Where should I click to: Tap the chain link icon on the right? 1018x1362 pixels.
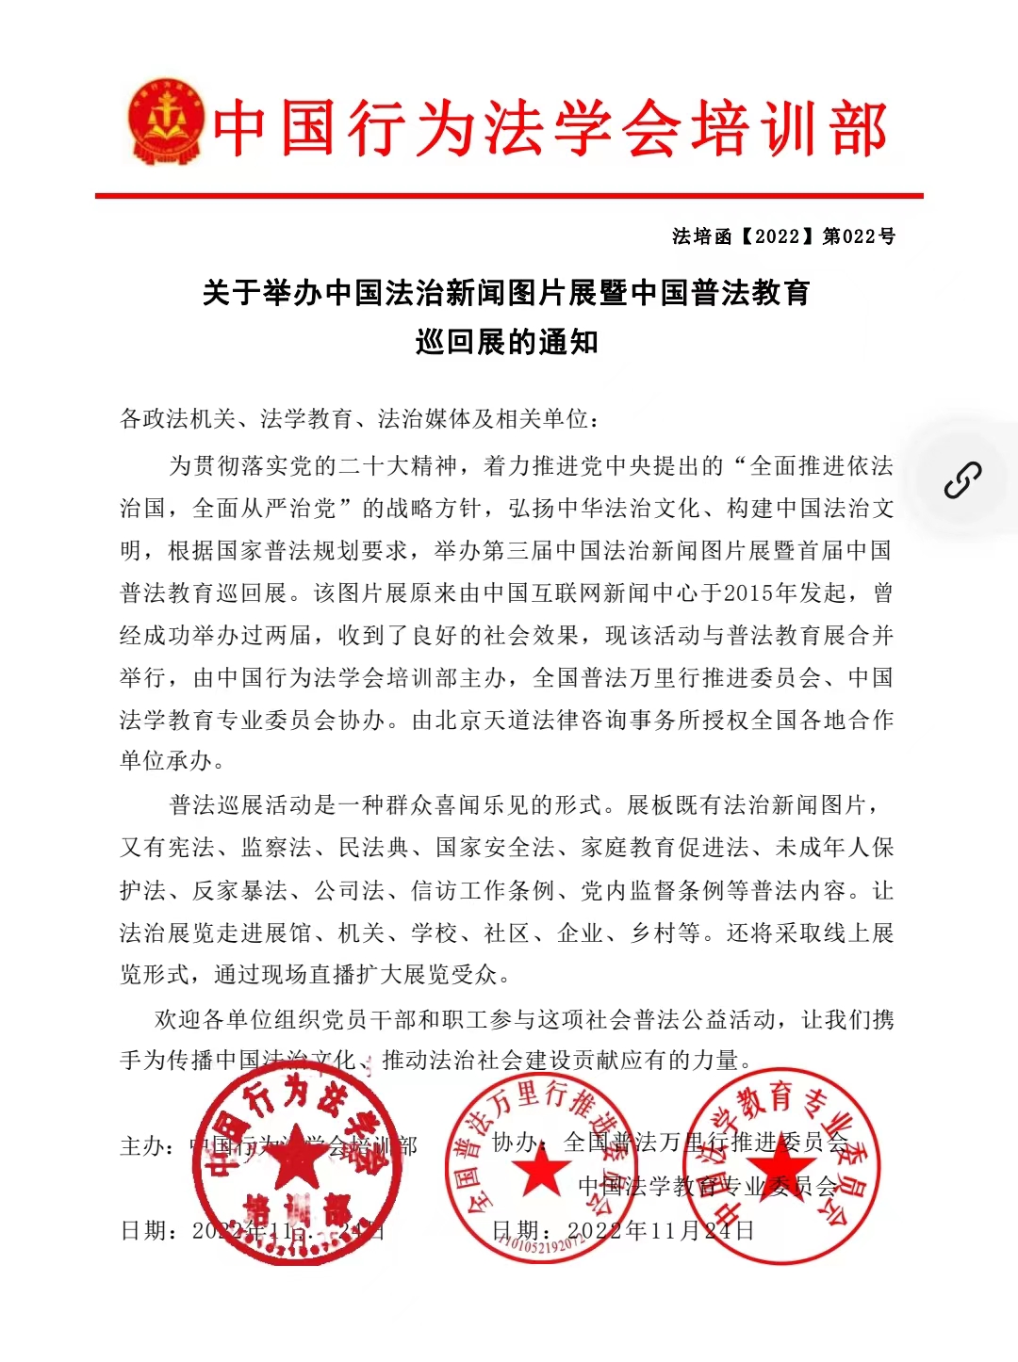click(962, 480)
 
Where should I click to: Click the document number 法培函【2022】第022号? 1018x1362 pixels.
click(783, 236)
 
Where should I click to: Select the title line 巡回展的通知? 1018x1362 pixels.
click(507, 342)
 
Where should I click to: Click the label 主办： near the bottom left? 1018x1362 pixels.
click(148, 1146)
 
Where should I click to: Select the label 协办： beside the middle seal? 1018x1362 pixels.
click(519, 1143)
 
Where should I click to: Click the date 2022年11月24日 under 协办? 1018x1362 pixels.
click(660, 1230)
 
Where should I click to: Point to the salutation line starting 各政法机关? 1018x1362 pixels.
click(359, 419)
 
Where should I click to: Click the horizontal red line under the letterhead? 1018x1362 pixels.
click(509, 195)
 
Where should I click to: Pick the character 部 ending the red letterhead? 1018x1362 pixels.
click(859, 129)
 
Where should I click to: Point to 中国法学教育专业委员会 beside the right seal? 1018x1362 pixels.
click(708, 1187)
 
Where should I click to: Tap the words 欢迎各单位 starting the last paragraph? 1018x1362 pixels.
click(214, 1019)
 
